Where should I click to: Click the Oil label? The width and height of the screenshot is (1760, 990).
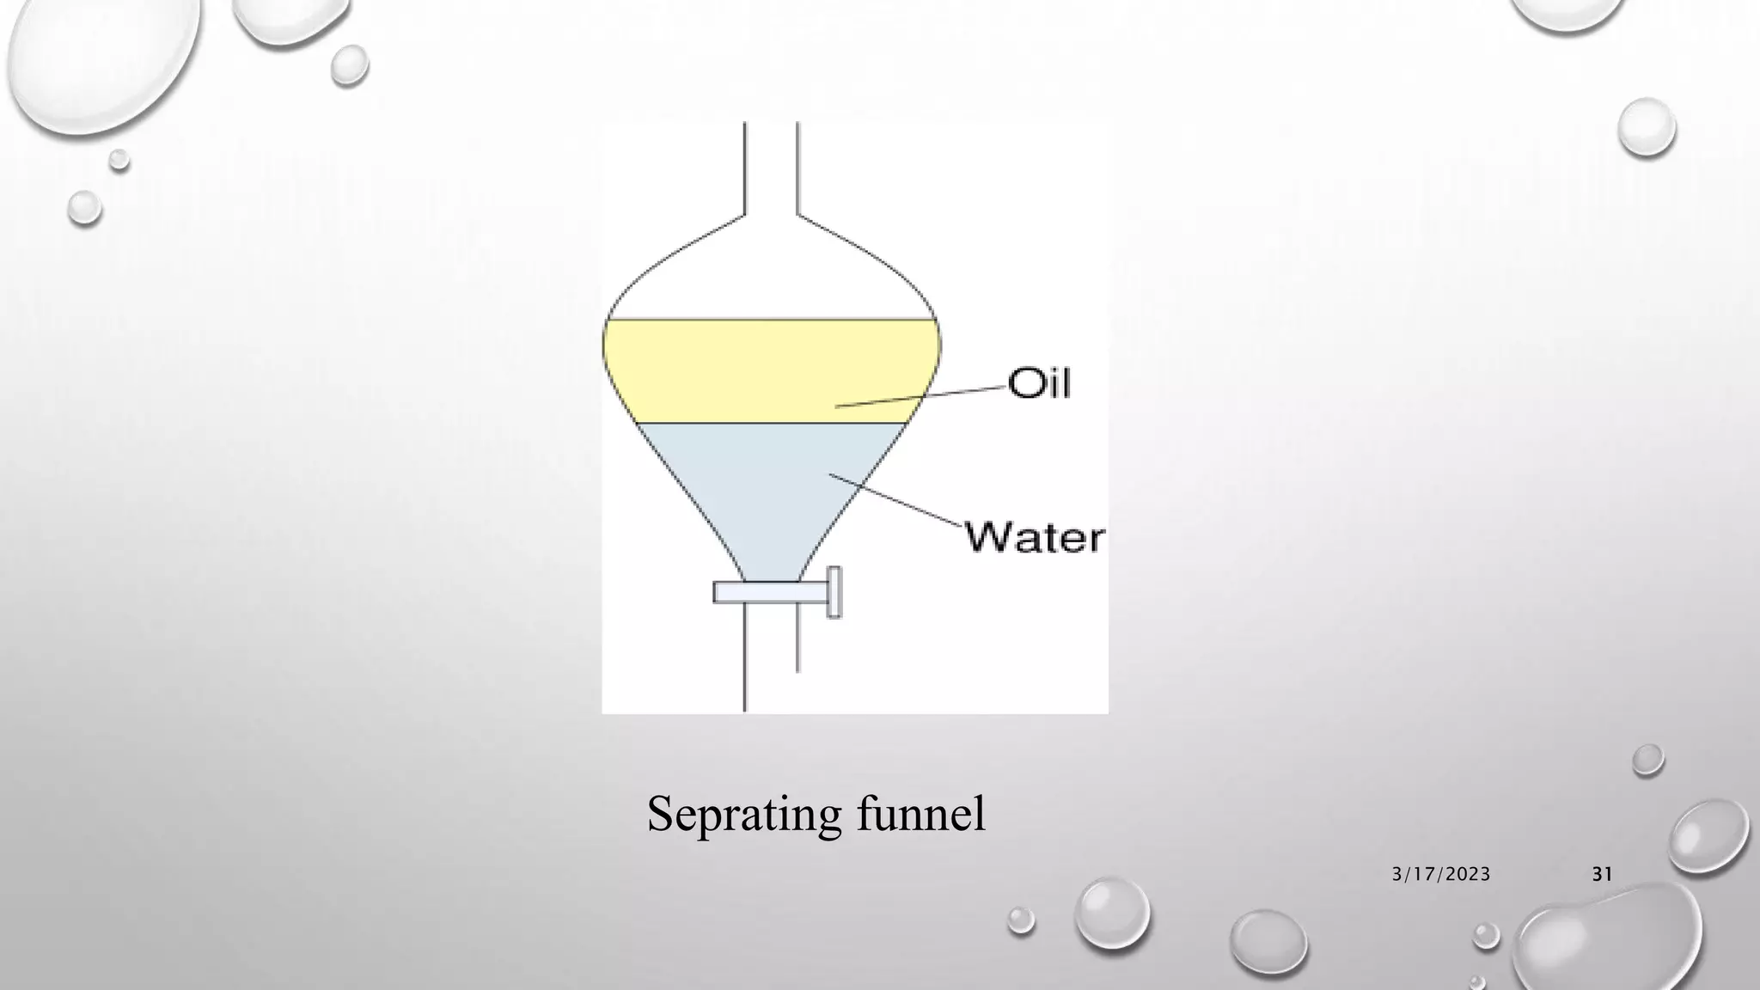(x=1039, y=382)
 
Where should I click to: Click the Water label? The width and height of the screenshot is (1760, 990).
(x=1035, y=537)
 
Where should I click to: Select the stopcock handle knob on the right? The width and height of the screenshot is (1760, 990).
(x=834, y=592)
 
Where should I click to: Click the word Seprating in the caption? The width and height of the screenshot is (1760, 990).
(x=742, y=813)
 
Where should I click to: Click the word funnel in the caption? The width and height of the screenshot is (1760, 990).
(x=920, y=813)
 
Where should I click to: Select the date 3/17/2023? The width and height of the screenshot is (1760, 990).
(x=1441, y=874)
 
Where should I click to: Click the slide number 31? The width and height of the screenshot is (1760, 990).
(x=1602, y=874)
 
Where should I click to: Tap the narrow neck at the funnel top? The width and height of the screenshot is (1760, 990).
(x=771, y=168)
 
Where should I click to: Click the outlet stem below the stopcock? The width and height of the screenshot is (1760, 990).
(x=771, y=662)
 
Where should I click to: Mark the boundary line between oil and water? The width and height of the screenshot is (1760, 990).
(x=771, y=423)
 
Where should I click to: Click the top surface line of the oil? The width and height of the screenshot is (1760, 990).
(x=771, y=320)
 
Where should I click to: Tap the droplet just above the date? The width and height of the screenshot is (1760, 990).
(x=1647, y=760)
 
